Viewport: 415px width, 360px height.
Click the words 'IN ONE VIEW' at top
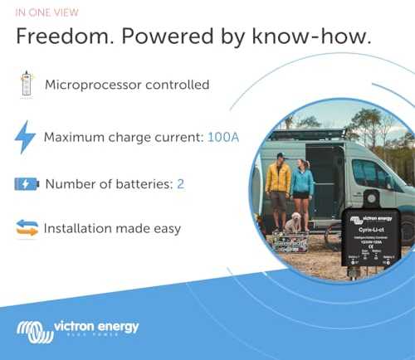pyautogui.click(x=49, y=13)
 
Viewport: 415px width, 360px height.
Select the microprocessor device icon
pyautogui.click(x=26, y=85)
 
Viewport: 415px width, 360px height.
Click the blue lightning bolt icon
pyautogui.click(x=26, y=136)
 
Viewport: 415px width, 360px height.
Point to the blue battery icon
pyautogui.click(x=26, y=183)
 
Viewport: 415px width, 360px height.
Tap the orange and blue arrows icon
pyautogui.click(x=26, y=228)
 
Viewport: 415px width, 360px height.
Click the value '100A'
pyautogui.click(x=222, y=137)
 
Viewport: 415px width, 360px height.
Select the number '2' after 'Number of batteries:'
pyautogui.click(x=180, y=183)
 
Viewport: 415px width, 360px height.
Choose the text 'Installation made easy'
pyautogui.click(x=112, y=228)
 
